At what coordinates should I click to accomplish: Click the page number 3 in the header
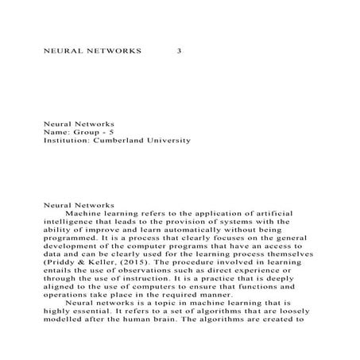tap(180, 50)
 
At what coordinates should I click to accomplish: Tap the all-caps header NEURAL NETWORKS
tap(91, 50)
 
